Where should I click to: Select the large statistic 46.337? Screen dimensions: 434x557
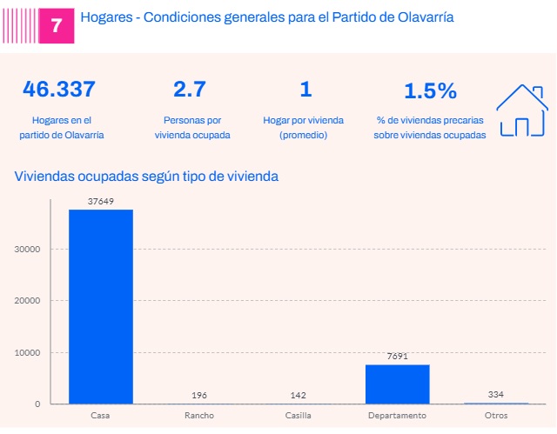[60, 89]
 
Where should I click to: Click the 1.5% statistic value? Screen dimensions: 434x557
[429, 90]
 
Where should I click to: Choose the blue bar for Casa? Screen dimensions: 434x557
[101, 306]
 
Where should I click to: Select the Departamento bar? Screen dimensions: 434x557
[398, 384]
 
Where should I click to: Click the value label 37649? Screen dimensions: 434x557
[101, 201]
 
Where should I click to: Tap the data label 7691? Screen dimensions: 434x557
[398, 357]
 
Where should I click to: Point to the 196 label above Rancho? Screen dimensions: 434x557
[200, 395]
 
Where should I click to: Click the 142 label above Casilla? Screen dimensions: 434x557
[299, 395]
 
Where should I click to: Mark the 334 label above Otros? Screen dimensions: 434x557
[496, 394]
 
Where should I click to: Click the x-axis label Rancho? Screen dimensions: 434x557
[199, 416]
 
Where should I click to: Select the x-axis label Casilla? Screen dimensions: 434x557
[299, 416]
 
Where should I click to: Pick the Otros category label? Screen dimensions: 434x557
[496, 416]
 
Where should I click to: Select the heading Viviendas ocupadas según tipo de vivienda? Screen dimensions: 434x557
[146, 177]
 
